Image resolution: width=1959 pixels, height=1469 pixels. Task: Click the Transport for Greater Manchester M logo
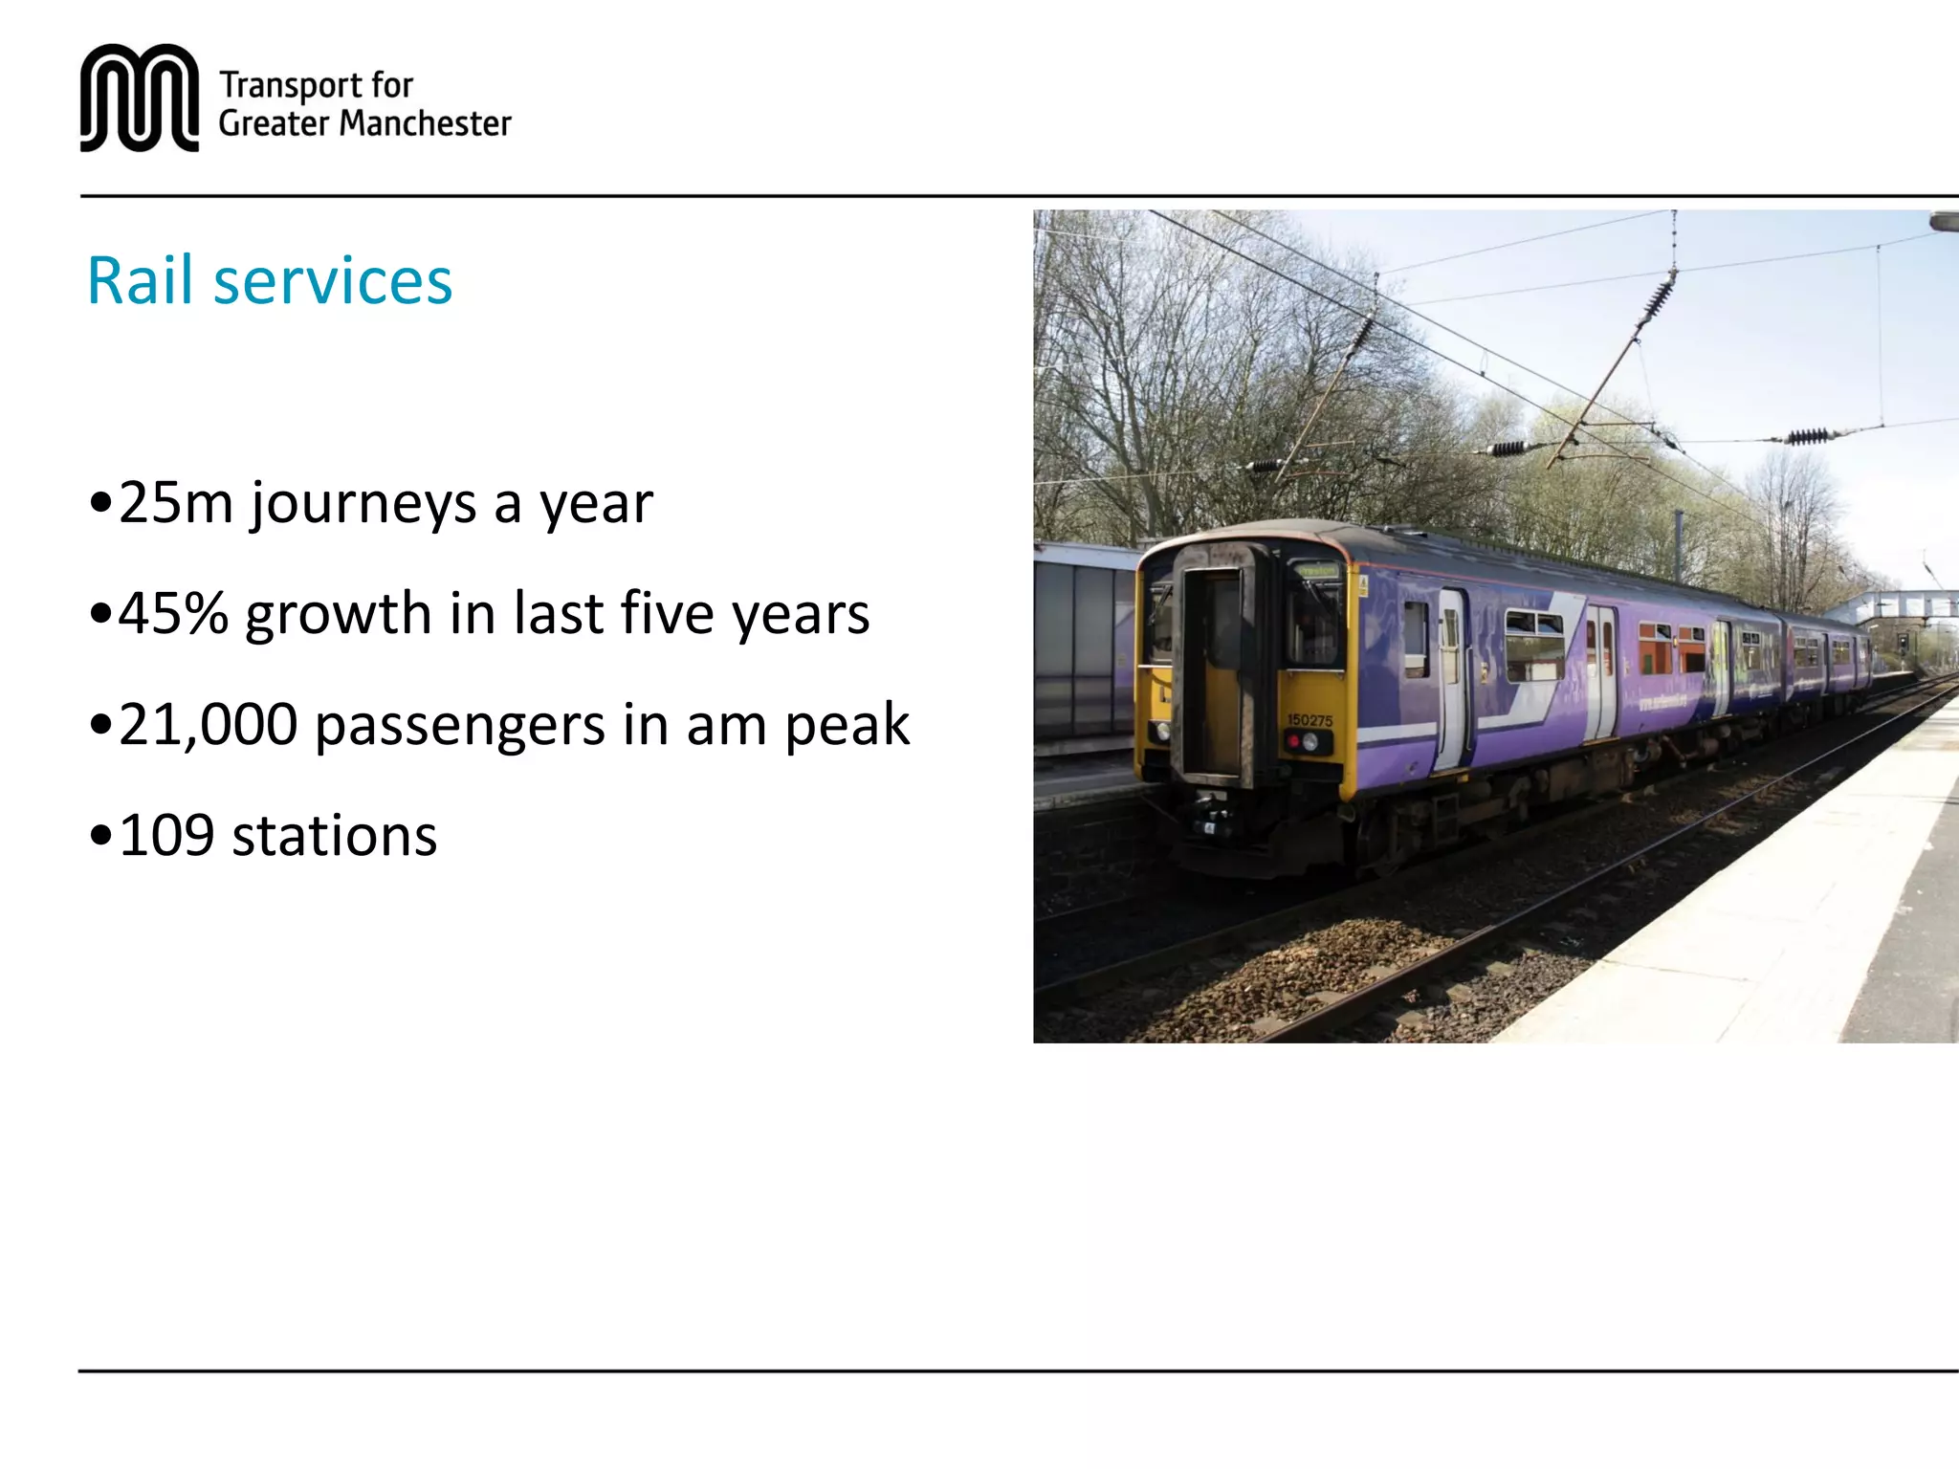tap(140, 98)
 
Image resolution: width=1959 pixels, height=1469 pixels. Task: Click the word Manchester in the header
tap(425, 124)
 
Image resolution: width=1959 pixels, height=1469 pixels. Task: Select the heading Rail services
tap(269, 281)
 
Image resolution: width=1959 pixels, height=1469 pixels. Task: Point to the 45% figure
tap(173, 614)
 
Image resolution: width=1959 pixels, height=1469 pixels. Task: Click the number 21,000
tap(208, 725)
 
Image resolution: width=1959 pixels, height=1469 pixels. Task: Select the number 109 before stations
tap(166, 836)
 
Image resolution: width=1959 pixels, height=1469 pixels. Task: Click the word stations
tap(334, 836)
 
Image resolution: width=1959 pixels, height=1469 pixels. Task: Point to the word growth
tap(339, 614)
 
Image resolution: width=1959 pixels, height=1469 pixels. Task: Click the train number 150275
tap(1310, 720)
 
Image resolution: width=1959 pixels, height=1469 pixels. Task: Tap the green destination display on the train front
tap(1317, 572)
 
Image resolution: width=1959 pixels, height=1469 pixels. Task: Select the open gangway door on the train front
tap(1212, 669)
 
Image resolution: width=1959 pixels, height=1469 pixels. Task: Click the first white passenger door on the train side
tap(1452, 679)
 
